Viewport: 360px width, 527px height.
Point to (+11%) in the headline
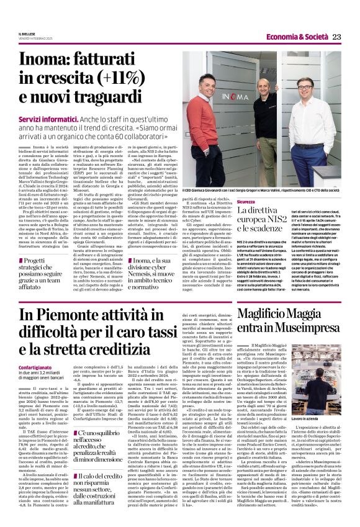click(x=140, y=84)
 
